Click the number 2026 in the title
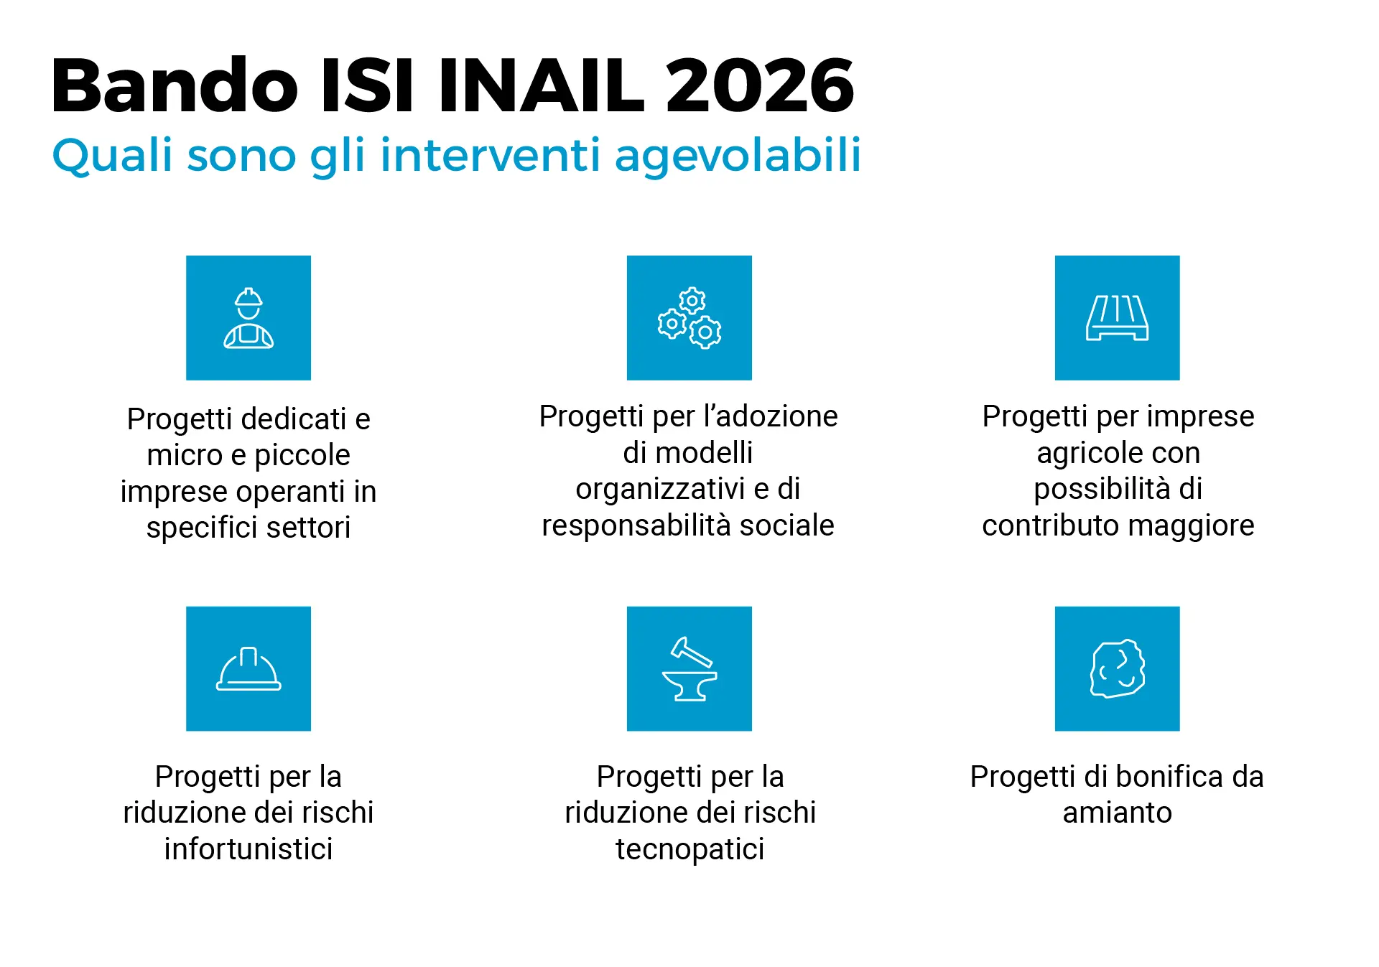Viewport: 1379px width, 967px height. tap(759, 86)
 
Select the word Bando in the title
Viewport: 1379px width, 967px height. tap(175, 86)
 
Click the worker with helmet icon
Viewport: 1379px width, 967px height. tap(249, 318)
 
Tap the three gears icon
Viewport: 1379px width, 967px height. tap(689, 318)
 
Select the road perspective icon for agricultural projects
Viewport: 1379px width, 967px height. tap(1117, 318)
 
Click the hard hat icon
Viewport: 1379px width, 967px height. tap(249, 669)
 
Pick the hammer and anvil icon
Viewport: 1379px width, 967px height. tap(689, 669)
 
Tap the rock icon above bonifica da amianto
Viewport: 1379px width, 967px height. tap(1117, 669)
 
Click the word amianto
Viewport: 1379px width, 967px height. tap(1117, 813)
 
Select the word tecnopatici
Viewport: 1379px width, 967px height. tap(689, 849)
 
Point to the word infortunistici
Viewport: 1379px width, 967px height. tap(249, 849)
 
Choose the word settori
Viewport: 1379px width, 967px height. tap(308, 528)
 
